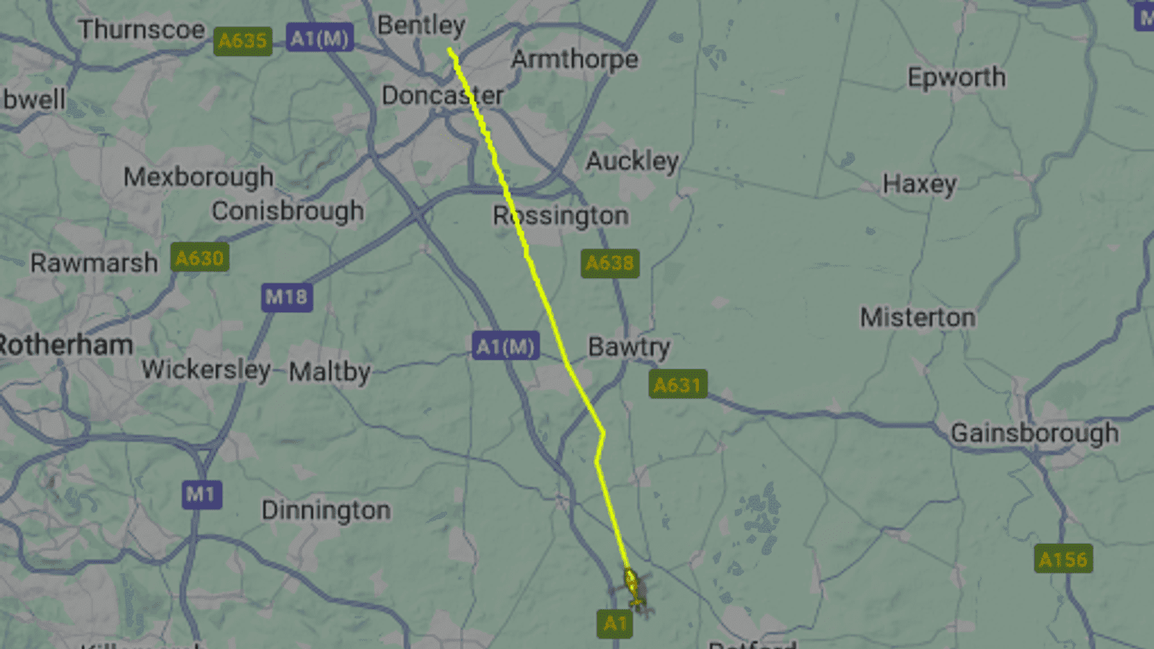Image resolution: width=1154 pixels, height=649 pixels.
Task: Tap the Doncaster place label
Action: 442,95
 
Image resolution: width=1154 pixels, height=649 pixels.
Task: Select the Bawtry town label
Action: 628,347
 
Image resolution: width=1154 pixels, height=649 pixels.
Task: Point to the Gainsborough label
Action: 1034,433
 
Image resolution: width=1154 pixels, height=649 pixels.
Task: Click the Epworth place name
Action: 956,77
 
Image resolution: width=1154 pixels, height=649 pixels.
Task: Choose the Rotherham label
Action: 65,345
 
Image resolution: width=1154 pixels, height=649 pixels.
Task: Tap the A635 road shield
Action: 242,41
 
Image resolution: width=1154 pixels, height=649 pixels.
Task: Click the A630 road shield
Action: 200,257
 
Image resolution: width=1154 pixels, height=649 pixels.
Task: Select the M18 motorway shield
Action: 286,296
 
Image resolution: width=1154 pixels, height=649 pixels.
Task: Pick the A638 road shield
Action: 609,263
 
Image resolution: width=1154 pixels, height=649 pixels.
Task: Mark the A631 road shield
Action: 677,384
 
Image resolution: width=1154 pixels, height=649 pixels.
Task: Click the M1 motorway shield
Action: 201,494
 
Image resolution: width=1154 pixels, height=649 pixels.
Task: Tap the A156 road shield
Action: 1063,559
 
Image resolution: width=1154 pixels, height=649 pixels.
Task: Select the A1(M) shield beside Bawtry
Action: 506,347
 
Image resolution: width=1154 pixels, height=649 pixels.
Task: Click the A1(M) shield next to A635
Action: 320,37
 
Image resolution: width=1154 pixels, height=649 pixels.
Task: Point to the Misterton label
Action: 917,317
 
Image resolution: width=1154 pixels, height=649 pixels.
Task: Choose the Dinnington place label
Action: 326,511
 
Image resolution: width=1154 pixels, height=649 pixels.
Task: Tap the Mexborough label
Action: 198,177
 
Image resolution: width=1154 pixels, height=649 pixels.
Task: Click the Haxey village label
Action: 920,185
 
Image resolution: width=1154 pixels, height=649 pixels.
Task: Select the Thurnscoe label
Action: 141,30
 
